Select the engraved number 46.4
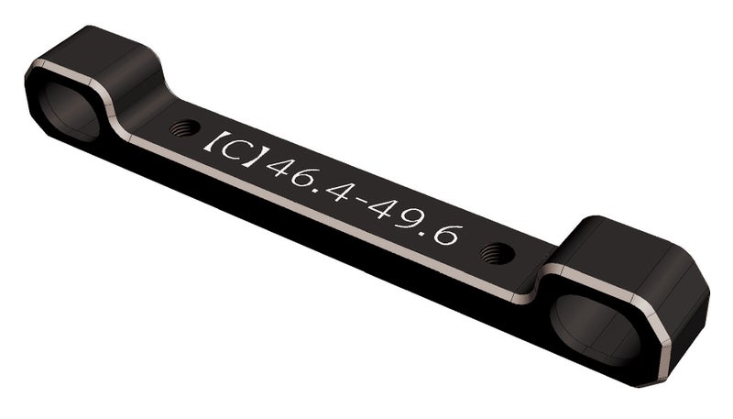click(302, 176)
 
